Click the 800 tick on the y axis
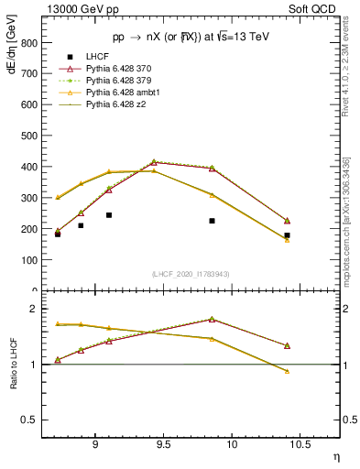point(27,43)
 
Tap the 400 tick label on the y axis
point(27,167)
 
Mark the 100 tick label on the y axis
point(27,260)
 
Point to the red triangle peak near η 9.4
point(154,162)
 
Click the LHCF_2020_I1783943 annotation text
point(191,274)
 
